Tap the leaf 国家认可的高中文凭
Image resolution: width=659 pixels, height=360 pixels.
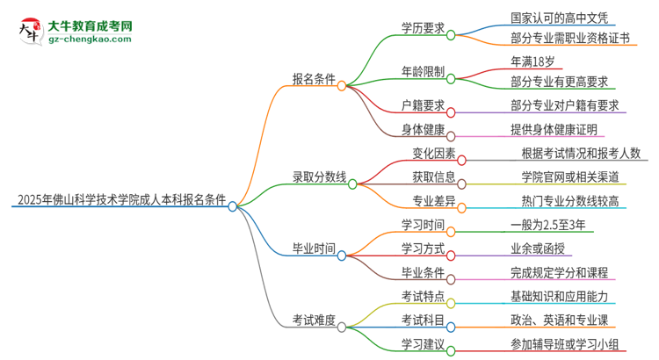point(550,17)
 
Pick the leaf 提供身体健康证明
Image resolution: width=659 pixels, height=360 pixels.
point(554,129)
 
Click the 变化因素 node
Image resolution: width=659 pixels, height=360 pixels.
point(434,154)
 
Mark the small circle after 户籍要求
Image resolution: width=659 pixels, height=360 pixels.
point(452,112)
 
